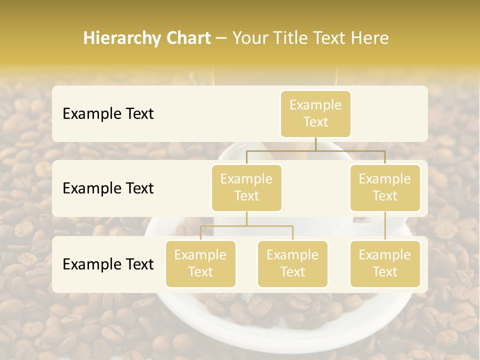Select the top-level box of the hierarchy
tap(315, 113)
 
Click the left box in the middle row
tap(246, 187)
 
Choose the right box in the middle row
tap(385, 187)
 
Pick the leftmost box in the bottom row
tap(200, 263)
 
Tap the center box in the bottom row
tap(292, 263)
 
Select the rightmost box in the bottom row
tap(385, 263)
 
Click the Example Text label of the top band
tap(108, 113)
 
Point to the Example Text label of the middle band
tap(108, 188)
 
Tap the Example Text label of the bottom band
tap(108, 264)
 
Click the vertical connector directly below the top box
tap(315, 144)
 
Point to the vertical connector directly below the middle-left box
tap(246, 218)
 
